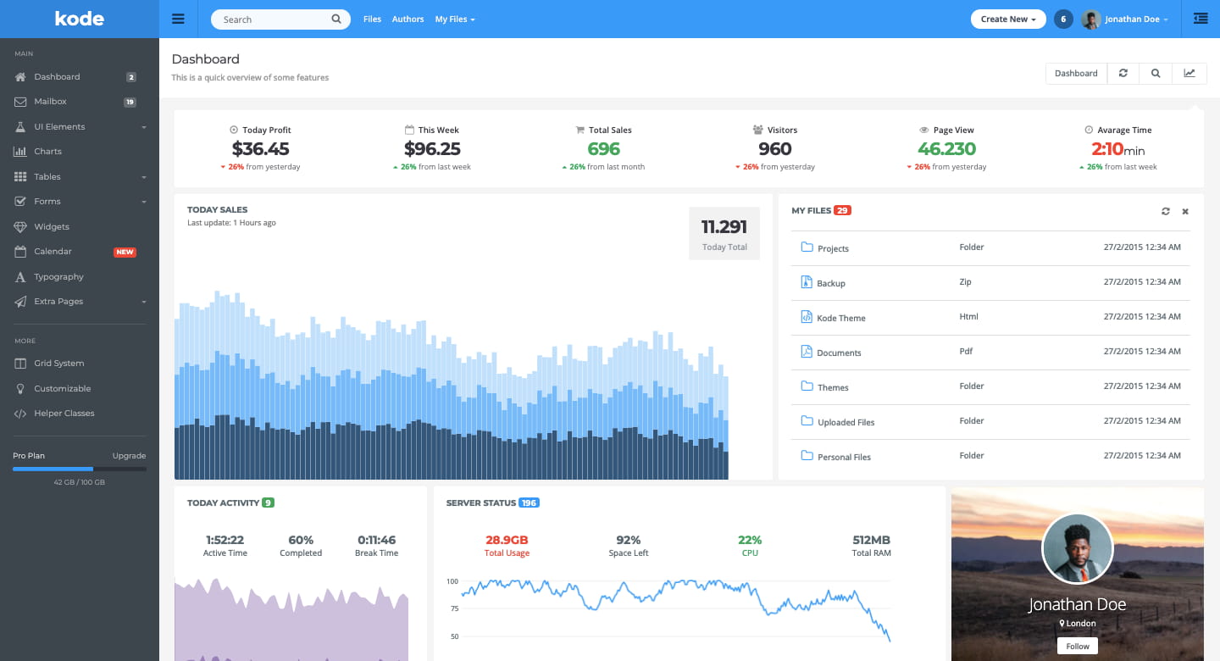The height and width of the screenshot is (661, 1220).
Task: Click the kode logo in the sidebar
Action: click(79, 19)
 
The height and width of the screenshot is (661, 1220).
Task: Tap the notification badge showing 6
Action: click(1063, 19)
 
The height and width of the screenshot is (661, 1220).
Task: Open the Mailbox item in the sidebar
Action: click(50, 102)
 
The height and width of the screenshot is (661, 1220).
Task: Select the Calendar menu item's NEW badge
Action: click(125, 252)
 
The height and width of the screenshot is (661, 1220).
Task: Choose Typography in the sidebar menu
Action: click(58, 277)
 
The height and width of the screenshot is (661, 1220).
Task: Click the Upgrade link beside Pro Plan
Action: click(129, 456)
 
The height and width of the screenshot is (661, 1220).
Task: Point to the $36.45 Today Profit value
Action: click(260, 149)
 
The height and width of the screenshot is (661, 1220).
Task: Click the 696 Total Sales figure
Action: click(603, 149)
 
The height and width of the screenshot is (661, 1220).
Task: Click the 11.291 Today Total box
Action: click(724, 233)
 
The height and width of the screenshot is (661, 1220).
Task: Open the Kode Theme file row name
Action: click(840, 319)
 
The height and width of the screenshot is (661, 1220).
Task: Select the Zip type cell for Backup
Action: click(965, 282)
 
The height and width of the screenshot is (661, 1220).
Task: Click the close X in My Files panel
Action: click(1185, 211)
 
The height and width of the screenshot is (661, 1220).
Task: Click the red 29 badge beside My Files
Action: click(842, 210)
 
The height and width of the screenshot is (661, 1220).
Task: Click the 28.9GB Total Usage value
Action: click(507, 540)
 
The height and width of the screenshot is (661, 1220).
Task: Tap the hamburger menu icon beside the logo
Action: click(178, 19)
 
